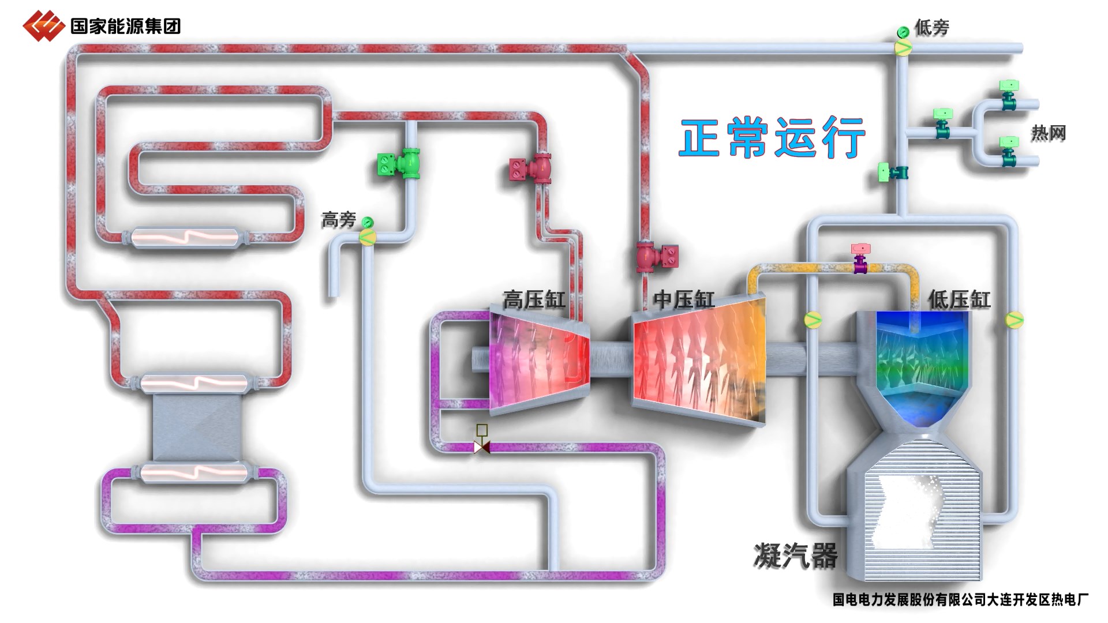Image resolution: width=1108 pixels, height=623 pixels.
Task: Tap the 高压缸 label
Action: point(533,300)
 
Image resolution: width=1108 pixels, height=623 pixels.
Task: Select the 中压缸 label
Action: point(683,300)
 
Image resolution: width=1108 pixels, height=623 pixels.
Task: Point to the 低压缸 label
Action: point(959,300)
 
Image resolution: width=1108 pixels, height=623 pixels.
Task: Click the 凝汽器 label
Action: point(795,556)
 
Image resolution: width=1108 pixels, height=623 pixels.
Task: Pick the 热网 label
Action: point(1048,133)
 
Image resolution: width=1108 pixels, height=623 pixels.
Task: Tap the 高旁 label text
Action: point(339,220)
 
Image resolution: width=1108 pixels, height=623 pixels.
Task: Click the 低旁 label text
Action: point(931,27)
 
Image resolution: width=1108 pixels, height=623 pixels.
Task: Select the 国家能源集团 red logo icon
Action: point(43,26)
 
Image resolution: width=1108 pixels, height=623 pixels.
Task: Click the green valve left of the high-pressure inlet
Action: point(400,164)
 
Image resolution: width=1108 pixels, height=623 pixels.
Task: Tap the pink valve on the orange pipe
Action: point(860,258)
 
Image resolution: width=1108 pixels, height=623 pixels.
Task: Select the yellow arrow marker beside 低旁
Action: point(903,48)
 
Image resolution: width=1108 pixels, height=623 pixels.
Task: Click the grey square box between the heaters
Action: point(197,427)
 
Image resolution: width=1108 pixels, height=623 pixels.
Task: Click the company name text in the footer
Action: point(960,600)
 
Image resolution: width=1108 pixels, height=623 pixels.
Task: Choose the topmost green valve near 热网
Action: point(1009,94)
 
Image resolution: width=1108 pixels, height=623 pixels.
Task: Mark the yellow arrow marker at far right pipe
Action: point(1014,319)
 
